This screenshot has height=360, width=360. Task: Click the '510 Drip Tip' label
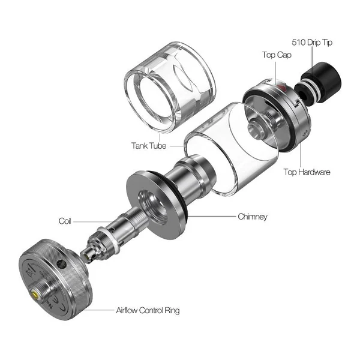(312, 43)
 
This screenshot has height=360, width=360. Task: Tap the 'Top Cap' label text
(277, 55)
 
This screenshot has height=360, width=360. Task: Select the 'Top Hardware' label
(307, 172)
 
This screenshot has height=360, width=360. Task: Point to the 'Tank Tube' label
(149, 146)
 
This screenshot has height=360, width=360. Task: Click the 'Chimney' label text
(253, 217)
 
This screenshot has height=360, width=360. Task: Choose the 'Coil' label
(65, 221)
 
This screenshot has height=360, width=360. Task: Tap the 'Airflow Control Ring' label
(148, 310)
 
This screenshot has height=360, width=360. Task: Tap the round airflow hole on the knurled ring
(62, 264)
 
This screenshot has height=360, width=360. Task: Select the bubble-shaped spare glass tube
(170, 87)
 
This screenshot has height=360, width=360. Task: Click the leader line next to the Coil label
(93, 221)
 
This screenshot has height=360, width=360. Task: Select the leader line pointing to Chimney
(212, 216)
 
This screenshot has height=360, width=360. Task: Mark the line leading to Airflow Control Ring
(99, 310)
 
